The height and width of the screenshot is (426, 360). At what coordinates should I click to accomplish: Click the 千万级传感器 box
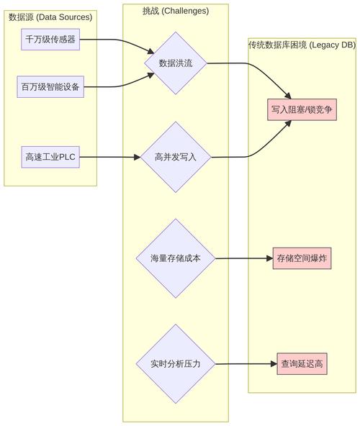click(x=50, y=40)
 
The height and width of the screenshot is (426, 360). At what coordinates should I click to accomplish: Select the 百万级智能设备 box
click(x=50, y=88)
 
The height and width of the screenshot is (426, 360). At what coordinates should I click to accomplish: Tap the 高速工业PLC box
click(x=50, y=157)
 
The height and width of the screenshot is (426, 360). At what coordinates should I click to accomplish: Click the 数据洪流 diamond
click(x=176, y=63)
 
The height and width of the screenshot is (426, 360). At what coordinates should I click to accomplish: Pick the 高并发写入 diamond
click(x=176, y=157)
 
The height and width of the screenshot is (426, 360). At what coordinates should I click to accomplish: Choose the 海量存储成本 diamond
click(x=176, y=258)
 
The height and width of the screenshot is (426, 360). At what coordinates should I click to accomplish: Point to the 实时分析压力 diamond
click(x=176, y=364)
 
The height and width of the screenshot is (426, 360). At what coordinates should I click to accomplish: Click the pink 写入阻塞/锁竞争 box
click(x=302, y=110)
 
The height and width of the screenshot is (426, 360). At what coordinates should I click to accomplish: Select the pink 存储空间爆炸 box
click(x=302, y=258)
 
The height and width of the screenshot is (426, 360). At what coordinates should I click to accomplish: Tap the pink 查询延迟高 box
click(x=302, y=364)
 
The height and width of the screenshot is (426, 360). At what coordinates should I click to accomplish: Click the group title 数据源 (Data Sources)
click(x=50, y=17)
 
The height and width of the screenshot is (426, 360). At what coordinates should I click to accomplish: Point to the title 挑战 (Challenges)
click(x=176, y=11)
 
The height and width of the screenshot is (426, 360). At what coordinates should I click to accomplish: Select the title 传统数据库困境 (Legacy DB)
click(x=302, y=45)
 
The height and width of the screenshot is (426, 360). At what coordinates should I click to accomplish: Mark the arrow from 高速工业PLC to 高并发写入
click(x=108, y=157)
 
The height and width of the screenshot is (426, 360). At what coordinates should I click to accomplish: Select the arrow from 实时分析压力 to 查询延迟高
click(x=245, y=364)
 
